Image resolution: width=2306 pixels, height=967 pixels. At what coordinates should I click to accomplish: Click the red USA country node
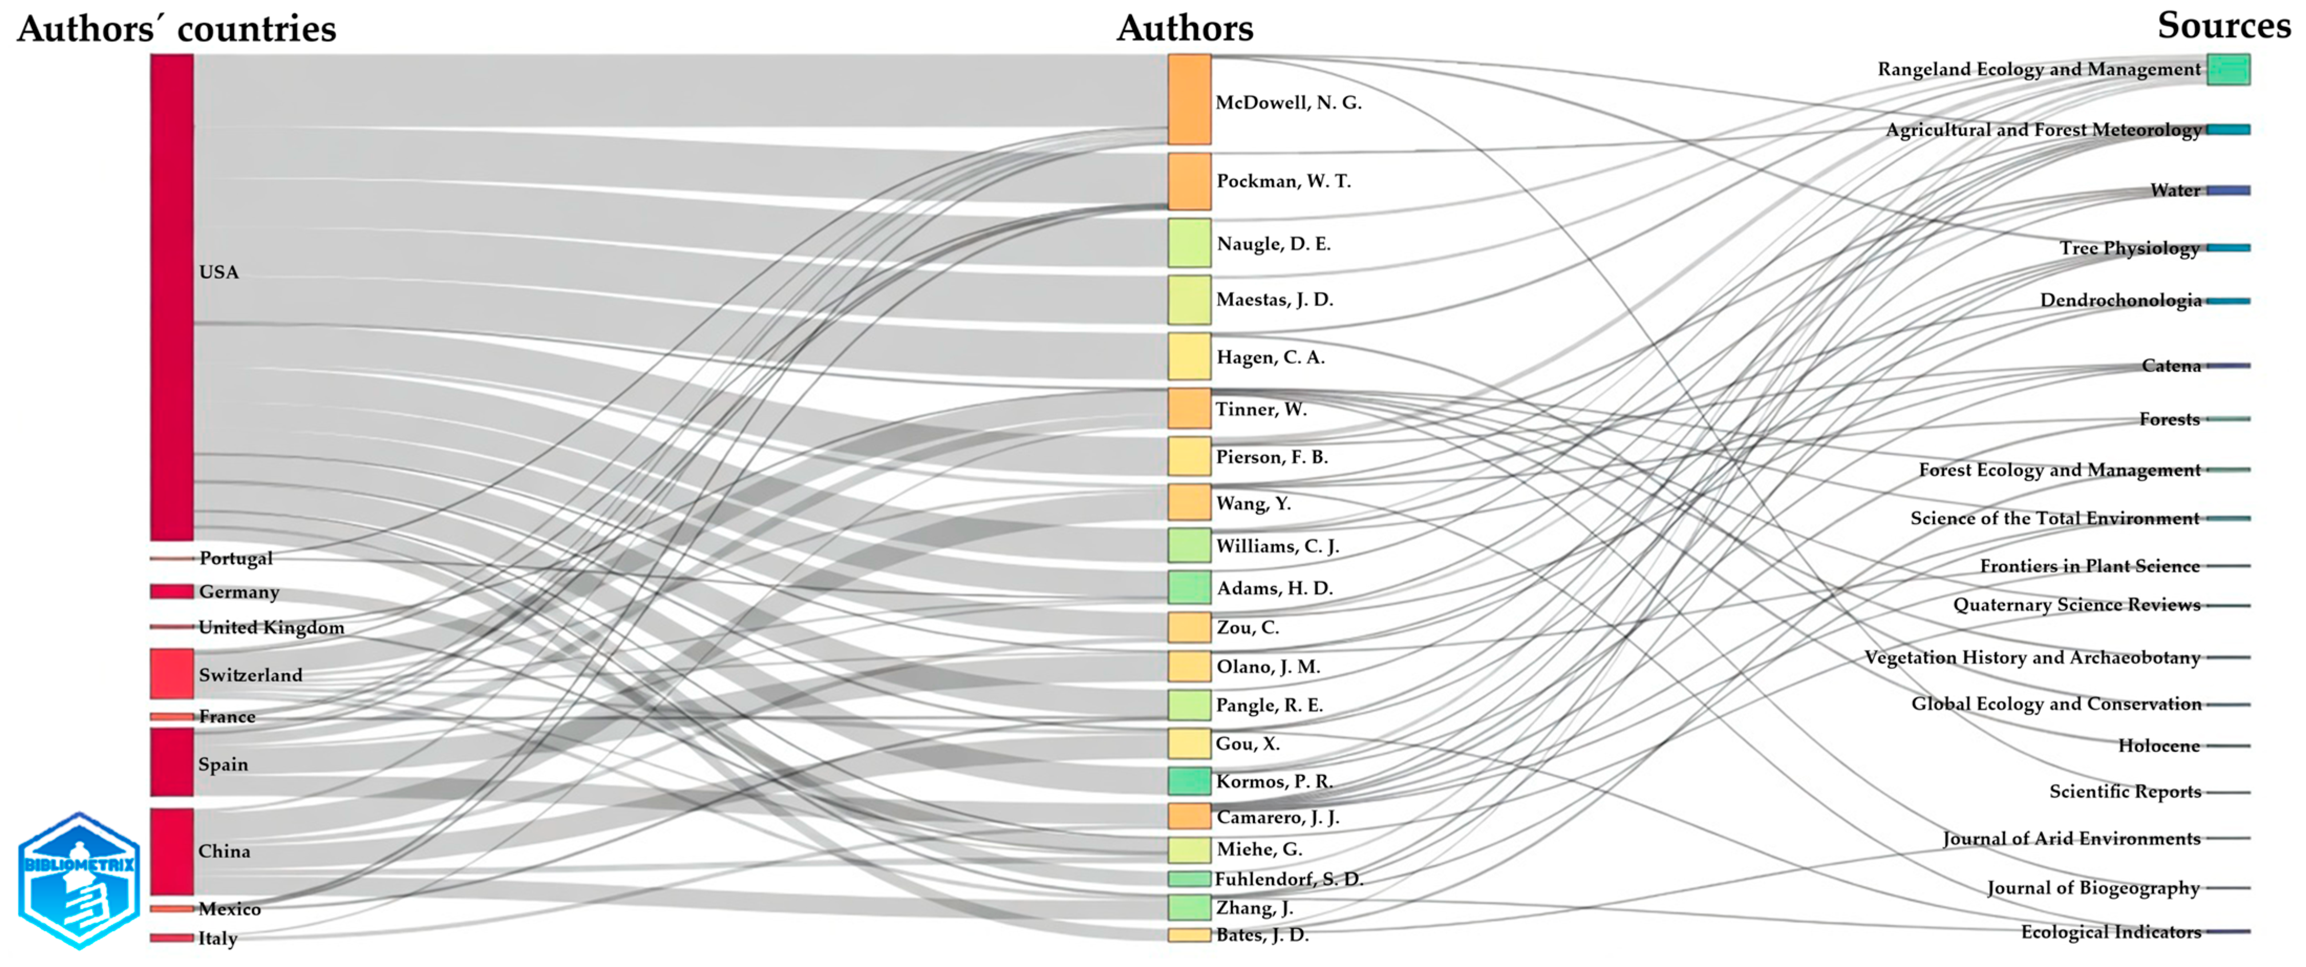[172, 297]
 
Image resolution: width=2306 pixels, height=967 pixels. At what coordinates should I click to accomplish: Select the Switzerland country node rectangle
[172, 673]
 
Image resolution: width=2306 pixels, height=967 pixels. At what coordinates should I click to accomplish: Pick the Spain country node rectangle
[172, 762]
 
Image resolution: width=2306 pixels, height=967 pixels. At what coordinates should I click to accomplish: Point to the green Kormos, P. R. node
[1189, 781]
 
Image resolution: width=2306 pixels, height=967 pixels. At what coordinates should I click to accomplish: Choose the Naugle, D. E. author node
[1189, 243]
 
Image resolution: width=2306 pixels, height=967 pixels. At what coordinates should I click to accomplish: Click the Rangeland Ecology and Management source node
[2228, 69]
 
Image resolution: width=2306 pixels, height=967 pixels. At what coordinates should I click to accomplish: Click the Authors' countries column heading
[177, 29]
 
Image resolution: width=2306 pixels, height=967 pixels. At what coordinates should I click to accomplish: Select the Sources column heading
[2224, 25]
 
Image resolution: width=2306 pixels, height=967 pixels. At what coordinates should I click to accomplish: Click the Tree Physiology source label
[2130, 248]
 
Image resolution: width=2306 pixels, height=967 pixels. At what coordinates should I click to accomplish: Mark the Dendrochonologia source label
[2121, 300]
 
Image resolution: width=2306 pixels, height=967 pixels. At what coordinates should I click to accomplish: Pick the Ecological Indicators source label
[2111, 932]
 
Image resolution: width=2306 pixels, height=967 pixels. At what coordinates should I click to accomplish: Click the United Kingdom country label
[271, 627]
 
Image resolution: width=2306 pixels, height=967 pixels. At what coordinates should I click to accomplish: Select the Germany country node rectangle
[172, 591]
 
